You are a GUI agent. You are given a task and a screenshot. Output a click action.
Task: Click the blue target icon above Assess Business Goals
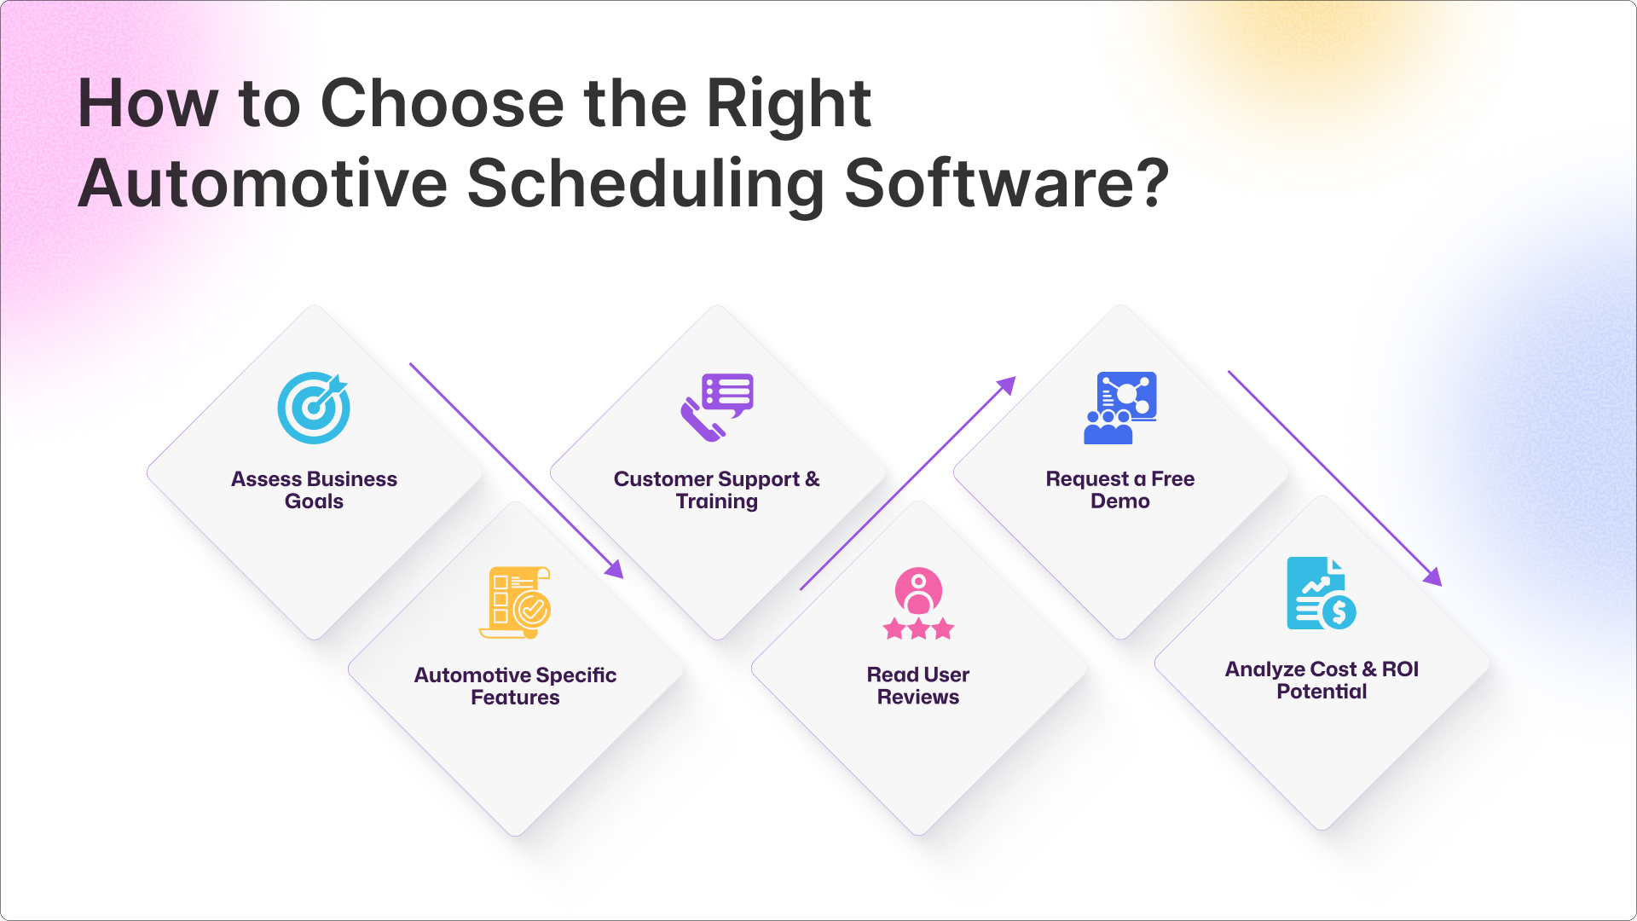click(314, 408)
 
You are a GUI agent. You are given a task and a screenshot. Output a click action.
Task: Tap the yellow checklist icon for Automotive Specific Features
click(515, 603)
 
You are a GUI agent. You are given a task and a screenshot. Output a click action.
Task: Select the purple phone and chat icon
click(717, 407)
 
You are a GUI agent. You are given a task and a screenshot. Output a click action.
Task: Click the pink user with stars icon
click(918, 603)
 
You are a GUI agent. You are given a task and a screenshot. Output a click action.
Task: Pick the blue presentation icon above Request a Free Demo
click(1120, 408)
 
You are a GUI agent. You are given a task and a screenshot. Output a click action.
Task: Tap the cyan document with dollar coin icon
click(1322, 594)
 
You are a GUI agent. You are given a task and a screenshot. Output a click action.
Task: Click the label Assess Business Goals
click(314, 490)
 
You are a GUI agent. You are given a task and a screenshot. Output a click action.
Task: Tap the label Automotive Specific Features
click(515, 686)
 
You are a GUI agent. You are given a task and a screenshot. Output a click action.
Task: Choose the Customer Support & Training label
click(717, 490)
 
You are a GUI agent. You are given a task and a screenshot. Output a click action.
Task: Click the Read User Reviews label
click(918, 686)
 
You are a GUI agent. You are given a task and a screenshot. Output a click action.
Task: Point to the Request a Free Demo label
click(1120, 490)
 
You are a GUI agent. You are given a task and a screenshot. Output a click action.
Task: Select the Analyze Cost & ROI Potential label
click(1322, 681)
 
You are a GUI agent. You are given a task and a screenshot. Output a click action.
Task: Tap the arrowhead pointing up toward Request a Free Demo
click(1007, 385)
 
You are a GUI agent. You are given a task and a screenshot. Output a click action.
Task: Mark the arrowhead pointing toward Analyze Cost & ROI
click(1434, 577)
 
